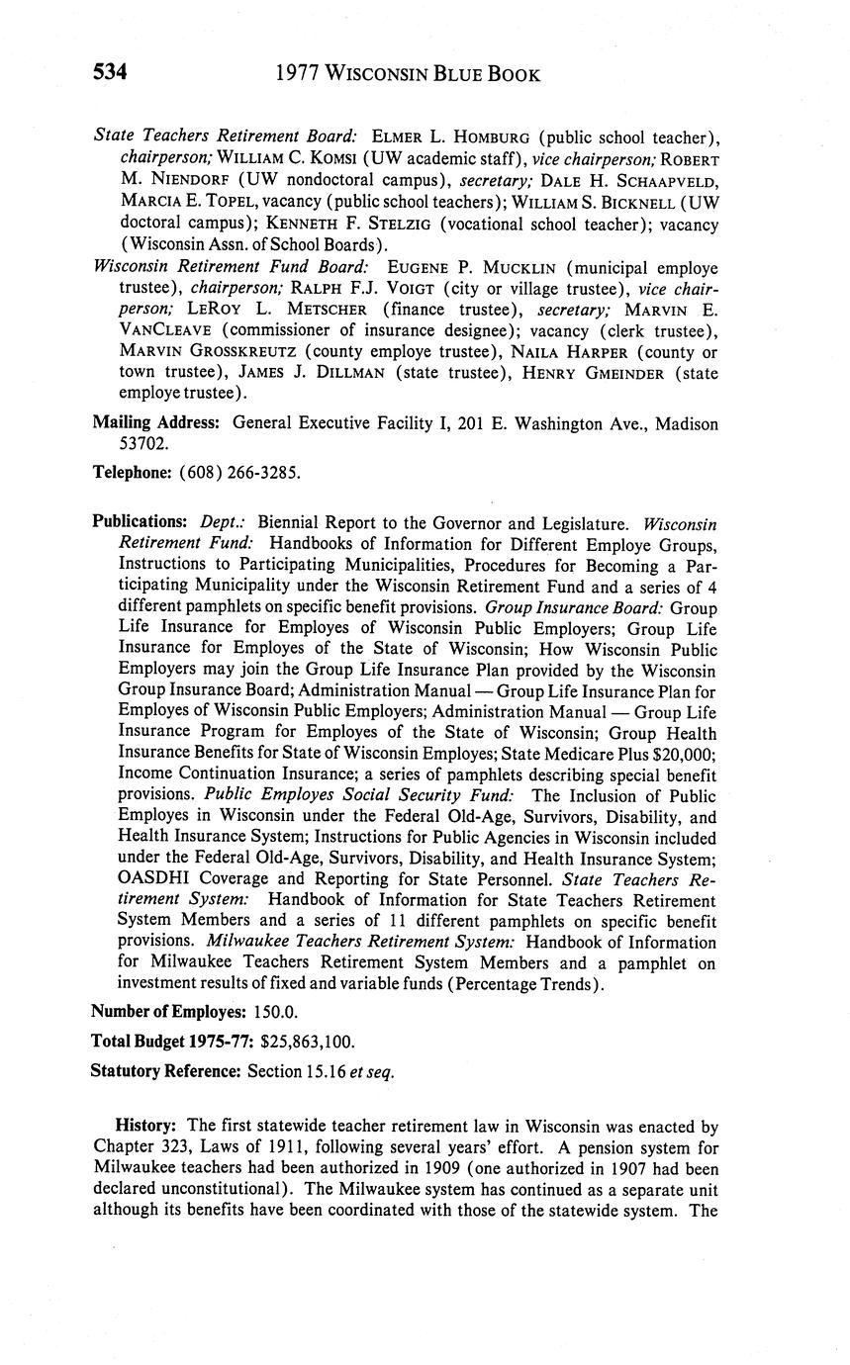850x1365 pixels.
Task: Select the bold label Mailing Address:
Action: pos(155,423)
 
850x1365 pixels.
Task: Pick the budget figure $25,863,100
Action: pos(308,1042)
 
